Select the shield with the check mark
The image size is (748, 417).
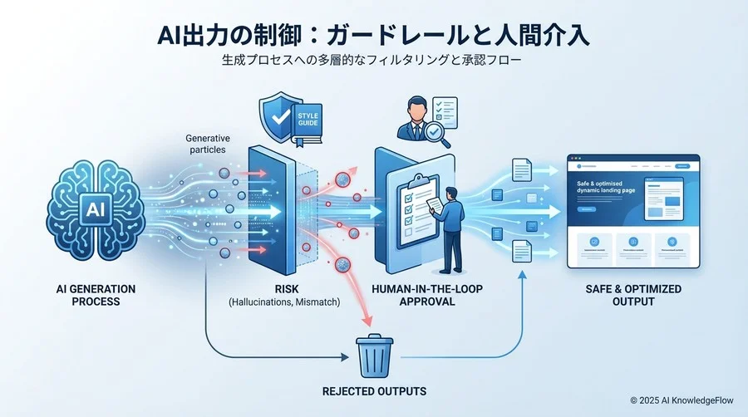pyautogui.click(x=279, y=117)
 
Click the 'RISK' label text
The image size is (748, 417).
pyautogui.click(x=284, y=289)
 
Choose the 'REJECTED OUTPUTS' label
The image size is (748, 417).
pyautogui.click(x=373, y=390)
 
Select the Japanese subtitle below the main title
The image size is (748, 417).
pyautogui.click(x=373, y=61)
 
